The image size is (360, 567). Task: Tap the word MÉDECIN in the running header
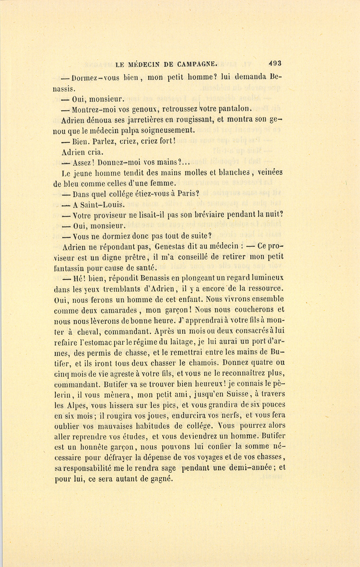tap(148, 63)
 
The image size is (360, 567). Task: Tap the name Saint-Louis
tap(94, 205)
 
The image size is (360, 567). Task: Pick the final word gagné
tap(161, 479)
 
